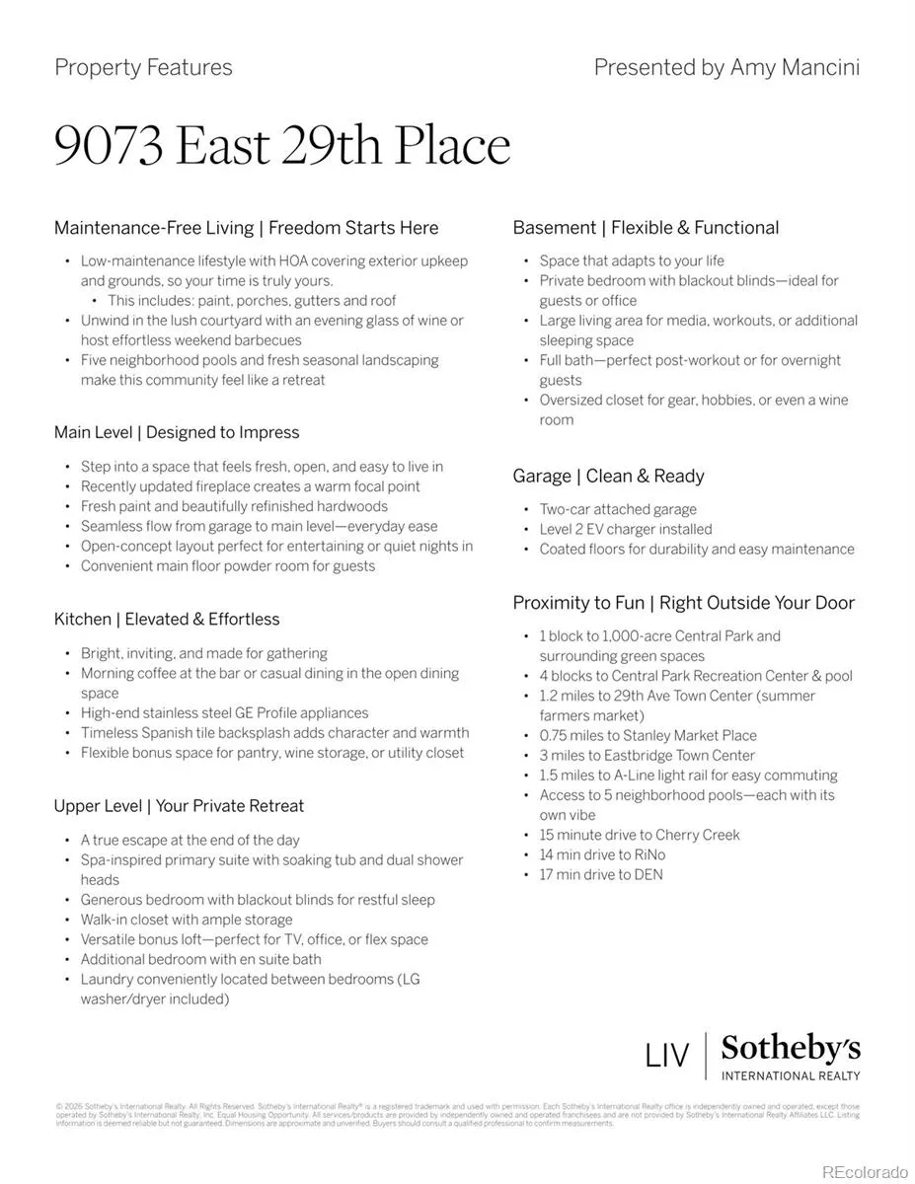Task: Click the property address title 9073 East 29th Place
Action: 282,145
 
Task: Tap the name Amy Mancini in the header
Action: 795,67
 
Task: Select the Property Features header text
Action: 143,67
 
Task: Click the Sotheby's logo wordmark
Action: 790,1048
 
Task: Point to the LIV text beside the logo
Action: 667,1055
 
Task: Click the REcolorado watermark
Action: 864,1171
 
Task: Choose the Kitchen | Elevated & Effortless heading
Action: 167,619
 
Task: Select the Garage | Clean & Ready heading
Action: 608,476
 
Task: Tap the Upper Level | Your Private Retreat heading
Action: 179,805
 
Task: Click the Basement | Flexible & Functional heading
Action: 646,227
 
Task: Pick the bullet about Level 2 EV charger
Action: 625,529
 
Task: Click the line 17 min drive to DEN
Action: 601,874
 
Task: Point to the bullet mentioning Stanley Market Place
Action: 648,735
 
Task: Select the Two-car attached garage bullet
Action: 618,509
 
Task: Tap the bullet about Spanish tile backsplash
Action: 274,732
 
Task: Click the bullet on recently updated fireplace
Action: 251,486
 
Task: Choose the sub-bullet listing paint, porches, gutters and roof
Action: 252,300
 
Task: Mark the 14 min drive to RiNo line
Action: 602,854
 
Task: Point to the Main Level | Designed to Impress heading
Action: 177,432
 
